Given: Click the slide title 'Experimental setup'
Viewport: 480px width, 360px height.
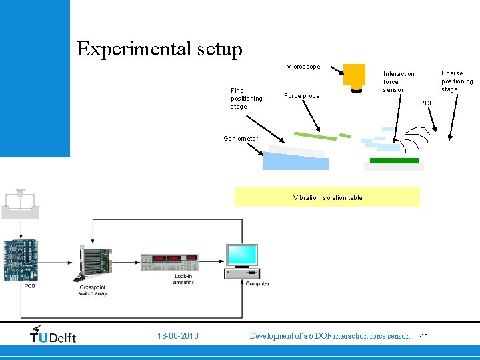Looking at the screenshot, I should (159, 49).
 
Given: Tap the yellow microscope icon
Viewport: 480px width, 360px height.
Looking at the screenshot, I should (354, 76).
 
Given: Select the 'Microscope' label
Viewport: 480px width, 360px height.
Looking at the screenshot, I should (303, 67).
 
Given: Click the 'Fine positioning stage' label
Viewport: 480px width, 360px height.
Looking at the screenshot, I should (246, 98).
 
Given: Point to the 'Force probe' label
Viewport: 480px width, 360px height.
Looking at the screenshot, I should (301, 96).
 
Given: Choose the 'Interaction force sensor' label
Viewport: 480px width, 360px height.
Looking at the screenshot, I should (398, 81).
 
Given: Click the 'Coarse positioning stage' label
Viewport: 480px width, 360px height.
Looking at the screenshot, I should (457, 81).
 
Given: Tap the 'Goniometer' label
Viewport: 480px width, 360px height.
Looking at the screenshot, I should (241, 139).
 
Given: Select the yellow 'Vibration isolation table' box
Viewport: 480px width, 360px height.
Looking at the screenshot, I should (327, 197).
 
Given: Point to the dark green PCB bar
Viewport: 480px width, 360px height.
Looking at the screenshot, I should (394, 161).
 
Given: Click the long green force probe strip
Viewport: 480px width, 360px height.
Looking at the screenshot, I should (315, 136).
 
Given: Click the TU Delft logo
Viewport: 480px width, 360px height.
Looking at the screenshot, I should (53, 335).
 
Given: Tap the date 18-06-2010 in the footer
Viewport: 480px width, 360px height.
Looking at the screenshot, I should (177, 336).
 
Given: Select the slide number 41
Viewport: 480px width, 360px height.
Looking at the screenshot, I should (424, 337).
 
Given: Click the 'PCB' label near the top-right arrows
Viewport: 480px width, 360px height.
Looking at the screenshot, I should (427, 103).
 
